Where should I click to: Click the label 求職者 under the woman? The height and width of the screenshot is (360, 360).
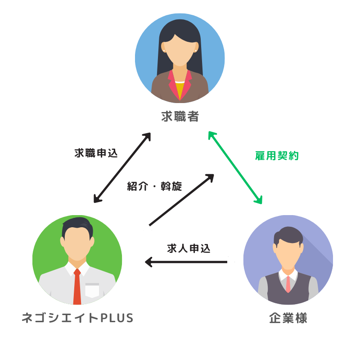[x=180, y=117]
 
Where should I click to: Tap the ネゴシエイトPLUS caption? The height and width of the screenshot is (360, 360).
[x=78, y=318]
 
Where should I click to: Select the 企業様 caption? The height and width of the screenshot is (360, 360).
[x=288, y=318]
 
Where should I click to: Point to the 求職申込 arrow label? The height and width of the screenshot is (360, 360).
[x=96, y=153]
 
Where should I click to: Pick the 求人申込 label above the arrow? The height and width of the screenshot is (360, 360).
[x=189, y=248]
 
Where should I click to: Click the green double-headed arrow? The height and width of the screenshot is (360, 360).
[x=235, y=167]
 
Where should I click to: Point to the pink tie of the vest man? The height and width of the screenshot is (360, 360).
[x=288, y=283]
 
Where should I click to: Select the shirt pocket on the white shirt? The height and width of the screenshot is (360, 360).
[x=92, y=290]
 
